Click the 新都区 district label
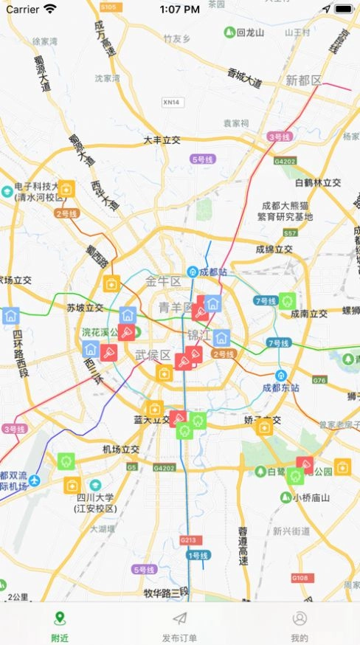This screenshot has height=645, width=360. [x=304, y=80]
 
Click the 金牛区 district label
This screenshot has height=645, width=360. [x=163, y=281]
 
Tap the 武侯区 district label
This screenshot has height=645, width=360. [x=153, y=355]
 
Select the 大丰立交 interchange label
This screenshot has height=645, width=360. [x=162, y=139]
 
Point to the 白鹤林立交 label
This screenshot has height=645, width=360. [x=318, y=182]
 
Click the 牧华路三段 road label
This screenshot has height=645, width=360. [x=166, y=592]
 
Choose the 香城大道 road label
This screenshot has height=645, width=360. [x=245, y=77]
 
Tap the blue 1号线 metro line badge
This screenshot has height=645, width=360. [x=198, y=555]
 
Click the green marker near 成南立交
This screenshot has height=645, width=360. [x=287, y=300]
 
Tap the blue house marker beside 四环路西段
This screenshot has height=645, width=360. [x=10, y=316]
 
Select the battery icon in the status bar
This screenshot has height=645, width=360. [x=343, y=10]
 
